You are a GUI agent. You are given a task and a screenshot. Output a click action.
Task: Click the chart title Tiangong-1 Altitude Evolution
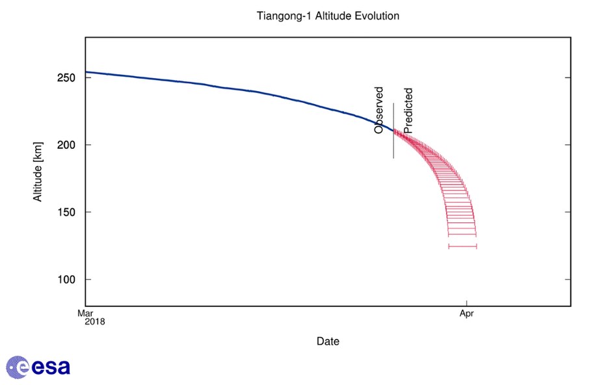pos(328,15)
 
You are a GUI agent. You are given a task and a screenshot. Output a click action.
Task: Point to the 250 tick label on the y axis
pos(66,77)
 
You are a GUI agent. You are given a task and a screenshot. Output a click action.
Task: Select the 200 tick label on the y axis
pos(66,144)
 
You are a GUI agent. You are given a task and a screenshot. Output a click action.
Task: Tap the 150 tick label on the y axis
pos(66,212)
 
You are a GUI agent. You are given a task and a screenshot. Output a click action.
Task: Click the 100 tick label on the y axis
pos(66,280)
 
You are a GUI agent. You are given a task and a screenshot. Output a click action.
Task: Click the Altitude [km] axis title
pos(38,172)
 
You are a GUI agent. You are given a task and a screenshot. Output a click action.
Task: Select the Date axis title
pos(328,341)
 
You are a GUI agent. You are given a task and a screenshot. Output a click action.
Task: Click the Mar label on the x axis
pos(85,313)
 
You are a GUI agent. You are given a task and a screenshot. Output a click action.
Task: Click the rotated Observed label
pos(379,111)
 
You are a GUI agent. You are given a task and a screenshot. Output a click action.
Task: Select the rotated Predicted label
pos(408,111)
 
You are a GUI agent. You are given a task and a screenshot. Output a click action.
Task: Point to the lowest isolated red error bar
pos(462,246)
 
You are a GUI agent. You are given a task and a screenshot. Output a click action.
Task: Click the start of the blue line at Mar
pos(86,72)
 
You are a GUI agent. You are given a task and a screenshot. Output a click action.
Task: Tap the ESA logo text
pos(51,367)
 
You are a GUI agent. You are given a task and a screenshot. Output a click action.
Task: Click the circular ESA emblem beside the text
pos(18,367)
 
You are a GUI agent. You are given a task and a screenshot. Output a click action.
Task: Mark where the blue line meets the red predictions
pos(394,131)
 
